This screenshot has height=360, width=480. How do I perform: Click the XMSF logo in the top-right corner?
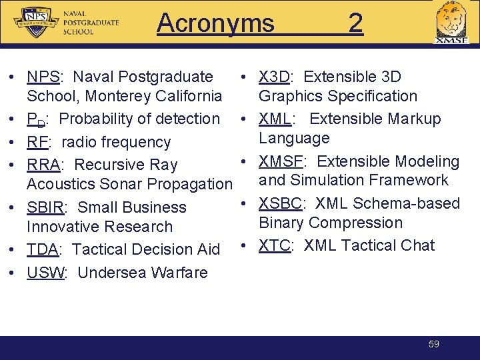click(451, 23)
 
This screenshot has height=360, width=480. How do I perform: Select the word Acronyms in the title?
click(215, 23)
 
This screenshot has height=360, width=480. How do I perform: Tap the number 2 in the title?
click(355, 23)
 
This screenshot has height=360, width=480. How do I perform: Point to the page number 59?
click(434, 344)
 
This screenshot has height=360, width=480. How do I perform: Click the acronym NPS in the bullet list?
click(41, 77)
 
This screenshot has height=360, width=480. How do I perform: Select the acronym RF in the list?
click(37, 142)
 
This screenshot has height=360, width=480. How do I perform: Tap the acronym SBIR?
click(46, 208)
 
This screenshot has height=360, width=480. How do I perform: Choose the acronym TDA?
click(43, 249)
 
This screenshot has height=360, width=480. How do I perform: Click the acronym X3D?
click(274, 77)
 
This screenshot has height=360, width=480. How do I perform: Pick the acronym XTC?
click(274, 245)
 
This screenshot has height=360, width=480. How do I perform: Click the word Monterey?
click(115, 96)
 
